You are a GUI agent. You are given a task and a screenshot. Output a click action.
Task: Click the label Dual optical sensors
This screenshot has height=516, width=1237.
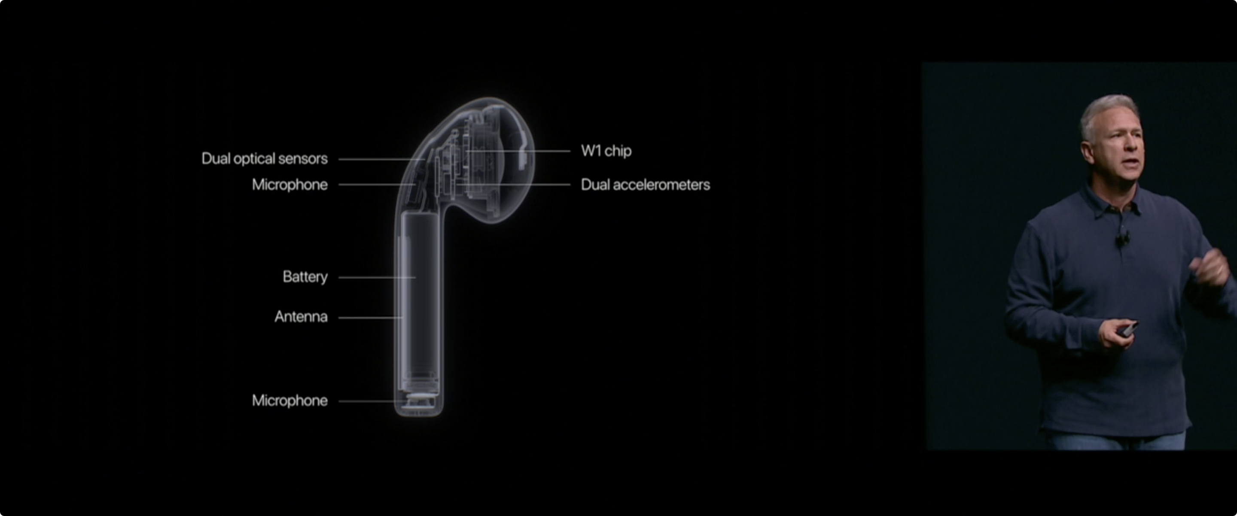click(265, 159)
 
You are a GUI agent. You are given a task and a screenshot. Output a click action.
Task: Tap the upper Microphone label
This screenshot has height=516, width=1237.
click(289, 185)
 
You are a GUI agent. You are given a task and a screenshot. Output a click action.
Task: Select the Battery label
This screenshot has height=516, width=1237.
click(305, 277)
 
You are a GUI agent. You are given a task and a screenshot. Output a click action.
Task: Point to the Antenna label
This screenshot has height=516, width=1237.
click(301, 317)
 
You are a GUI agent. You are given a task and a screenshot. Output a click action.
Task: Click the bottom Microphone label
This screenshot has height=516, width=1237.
click(289, 401)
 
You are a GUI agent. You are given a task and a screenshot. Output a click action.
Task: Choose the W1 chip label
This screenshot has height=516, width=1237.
click(606, 151)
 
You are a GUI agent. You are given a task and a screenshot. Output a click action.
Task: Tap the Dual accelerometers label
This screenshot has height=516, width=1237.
click(646, 185)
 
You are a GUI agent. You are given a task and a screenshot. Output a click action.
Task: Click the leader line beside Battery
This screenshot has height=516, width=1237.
click(377, 277)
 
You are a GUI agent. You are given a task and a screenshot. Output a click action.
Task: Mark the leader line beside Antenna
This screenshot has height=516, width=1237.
click(371, 318)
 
